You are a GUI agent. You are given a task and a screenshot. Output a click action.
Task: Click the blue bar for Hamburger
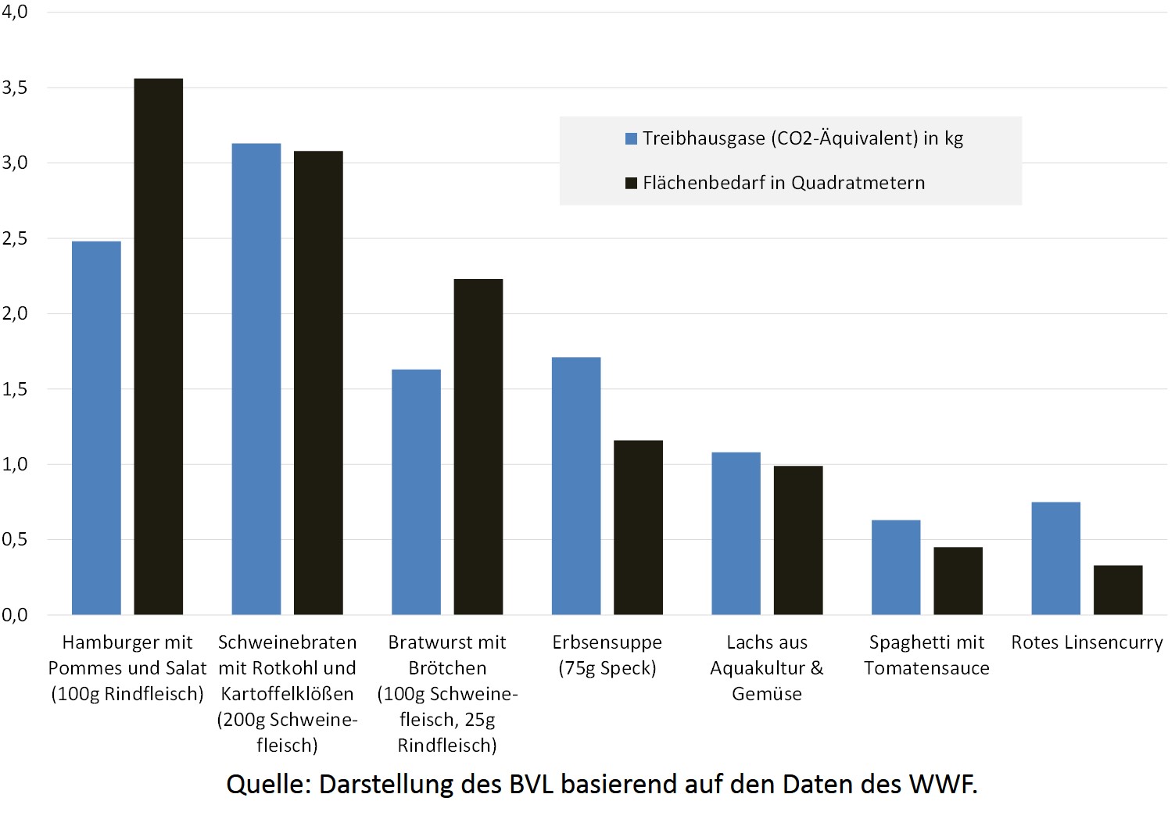pyautogui.click(x=96, y=427)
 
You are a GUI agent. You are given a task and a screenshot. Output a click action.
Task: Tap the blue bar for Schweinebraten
pyautogui.click(x=256, y=379)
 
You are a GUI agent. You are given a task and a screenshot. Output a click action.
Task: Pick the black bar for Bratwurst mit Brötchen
pyautogui.click(x=478, y=446)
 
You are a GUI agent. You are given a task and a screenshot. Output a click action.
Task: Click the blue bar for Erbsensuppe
pyautogui.click(x=576, y=485)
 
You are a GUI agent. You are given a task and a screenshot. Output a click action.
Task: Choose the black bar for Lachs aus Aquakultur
pyautogui.click(x=798, y=540)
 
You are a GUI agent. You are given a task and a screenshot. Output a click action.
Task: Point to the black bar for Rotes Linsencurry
pyautogui.click(x=1118, y=589)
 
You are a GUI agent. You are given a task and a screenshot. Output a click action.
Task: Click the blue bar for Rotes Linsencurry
pyautogui.click(x=1056, y=558)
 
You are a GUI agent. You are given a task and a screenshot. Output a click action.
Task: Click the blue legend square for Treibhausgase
pyautogui.click(x=631, y=139)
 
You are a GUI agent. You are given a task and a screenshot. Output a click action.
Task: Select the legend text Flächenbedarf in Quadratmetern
pyautogui.click(x=783, y=183)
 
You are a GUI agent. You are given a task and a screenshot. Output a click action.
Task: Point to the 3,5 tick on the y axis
pyautogui.click(x=15, y=88)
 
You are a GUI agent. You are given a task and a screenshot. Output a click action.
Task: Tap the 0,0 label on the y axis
pyautogui.click(x=15, y=615)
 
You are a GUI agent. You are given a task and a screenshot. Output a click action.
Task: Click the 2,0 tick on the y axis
pyautogui.click(x=15, y=313)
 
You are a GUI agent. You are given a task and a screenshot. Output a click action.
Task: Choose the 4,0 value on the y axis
pyautogui.click(x=15, y=12)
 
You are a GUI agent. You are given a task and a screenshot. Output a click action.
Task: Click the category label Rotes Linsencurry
pyautogui.click(x=1087, y=642)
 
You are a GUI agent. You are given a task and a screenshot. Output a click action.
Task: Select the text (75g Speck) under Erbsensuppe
pyautogui.click(x=607, y=668)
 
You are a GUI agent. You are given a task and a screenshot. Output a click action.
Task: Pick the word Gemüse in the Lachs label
pyautogui.click(x=767, y=694)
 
